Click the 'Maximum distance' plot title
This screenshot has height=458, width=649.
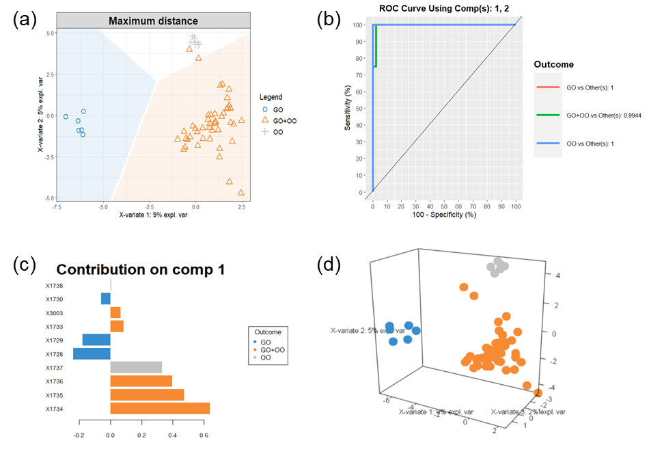point(153,21)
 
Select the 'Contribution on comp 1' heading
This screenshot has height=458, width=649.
point(141,269)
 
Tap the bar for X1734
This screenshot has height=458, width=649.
point(160,409)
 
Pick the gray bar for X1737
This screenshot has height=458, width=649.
point(136,367)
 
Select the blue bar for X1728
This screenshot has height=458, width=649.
point(92,353)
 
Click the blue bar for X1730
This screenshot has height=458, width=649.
point(105,299)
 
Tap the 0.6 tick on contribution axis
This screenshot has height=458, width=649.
point(204,433)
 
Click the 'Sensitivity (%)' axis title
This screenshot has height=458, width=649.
point(348,107)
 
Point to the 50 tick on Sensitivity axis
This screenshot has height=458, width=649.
point(358,108)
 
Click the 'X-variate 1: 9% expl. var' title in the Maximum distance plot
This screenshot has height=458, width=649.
point(153,215)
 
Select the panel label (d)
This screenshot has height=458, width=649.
point(330,264)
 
